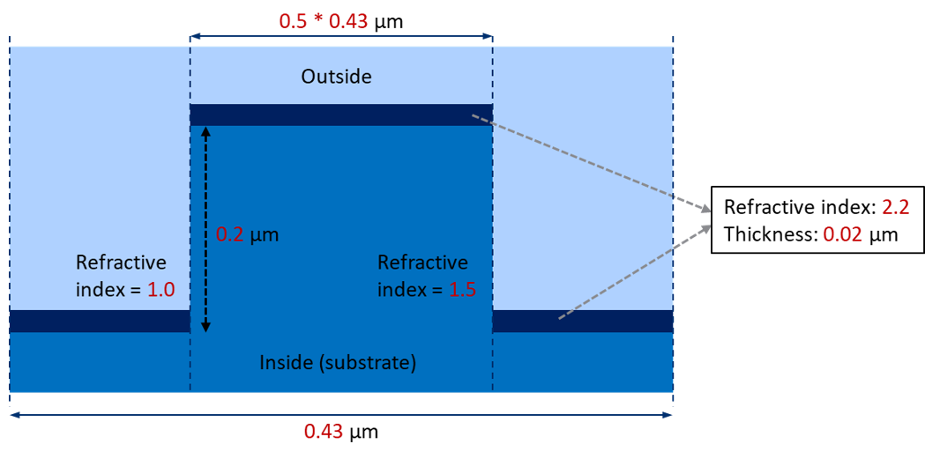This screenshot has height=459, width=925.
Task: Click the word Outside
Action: (x=337, y=78)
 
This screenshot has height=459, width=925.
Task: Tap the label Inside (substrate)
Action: (x=339, y=363)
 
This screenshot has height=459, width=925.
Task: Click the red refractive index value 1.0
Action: (x=160, y=290)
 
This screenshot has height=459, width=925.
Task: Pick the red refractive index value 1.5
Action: (x=460, y=290)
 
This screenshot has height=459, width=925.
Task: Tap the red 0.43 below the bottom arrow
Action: (x=324, y=432)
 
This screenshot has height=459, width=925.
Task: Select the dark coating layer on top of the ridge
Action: (x=341, y=115)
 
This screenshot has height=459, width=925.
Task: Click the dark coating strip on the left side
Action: (x=100, y=321)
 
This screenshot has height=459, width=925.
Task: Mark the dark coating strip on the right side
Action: (x=583, y=321)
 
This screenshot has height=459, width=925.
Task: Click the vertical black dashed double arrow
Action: (x=205, y=229)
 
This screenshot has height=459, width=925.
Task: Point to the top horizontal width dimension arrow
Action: (x=341, y=36)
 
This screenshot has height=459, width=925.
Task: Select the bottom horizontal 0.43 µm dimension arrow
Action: (x=341, y=415)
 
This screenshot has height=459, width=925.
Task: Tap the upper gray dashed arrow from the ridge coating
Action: (x=591, y=163)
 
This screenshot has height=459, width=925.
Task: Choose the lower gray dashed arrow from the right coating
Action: (x=635, y=271)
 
